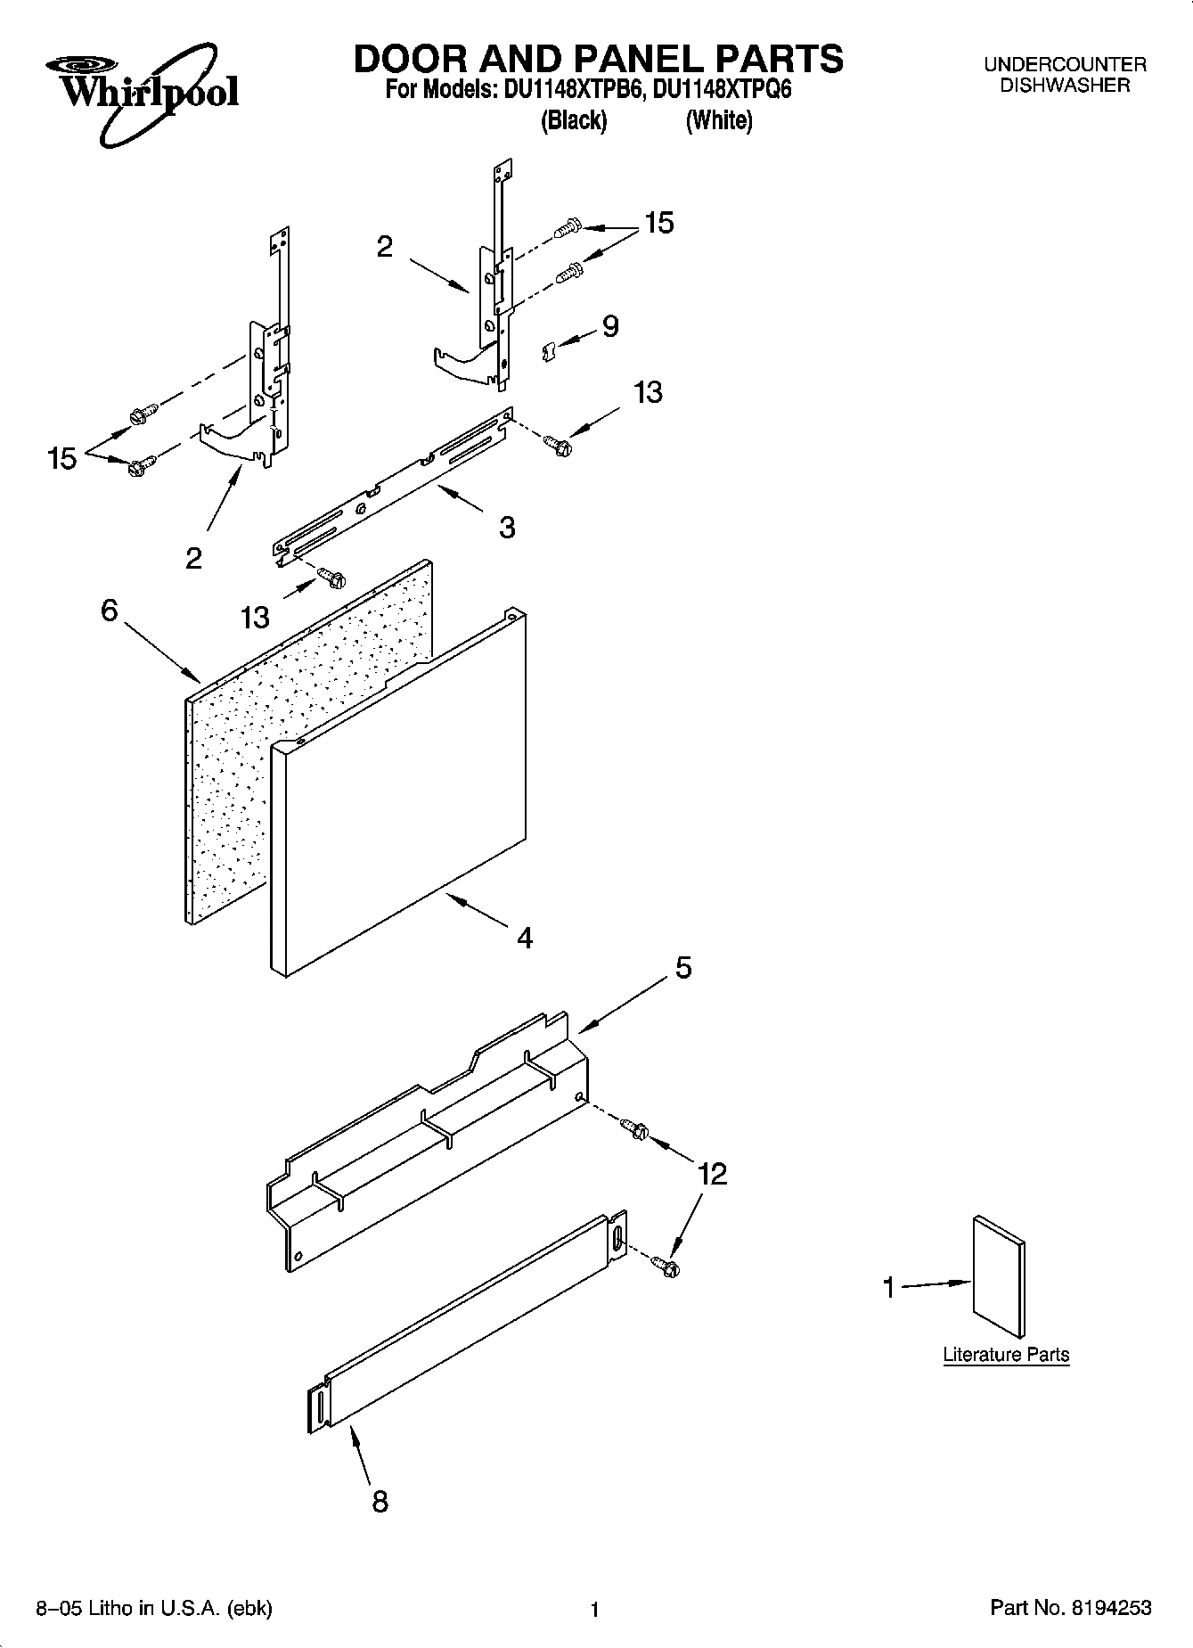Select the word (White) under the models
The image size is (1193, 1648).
[718, 121]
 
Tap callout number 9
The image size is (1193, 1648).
[610, 327]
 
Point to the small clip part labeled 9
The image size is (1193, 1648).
[550, 352]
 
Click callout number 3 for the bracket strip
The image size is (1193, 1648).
[507, 528]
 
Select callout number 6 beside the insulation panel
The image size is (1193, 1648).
[109, 611]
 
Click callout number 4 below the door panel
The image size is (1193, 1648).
[525, 937]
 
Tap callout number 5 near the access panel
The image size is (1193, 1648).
[682, 968]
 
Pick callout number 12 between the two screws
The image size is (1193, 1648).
[712, 1174]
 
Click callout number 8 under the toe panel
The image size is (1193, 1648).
[380, 1502]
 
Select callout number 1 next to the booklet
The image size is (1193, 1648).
[888, 1288]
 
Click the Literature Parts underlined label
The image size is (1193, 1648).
[1006, 1355]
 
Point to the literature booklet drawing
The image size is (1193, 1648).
[999, 1275]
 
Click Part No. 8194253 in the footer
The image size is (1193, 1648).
[1070, 1608]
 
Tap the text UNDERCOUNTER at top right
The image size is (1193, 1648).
[1065, 65]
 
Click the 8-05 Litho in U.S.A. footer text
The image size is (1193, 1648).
[153, 1608]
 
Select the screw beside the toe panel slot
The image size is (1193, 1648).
[666, 1265]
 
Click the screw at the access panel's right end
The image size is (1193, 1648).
[636, 1129]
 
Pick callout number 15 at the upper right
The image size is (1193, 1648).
[659, 223]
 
